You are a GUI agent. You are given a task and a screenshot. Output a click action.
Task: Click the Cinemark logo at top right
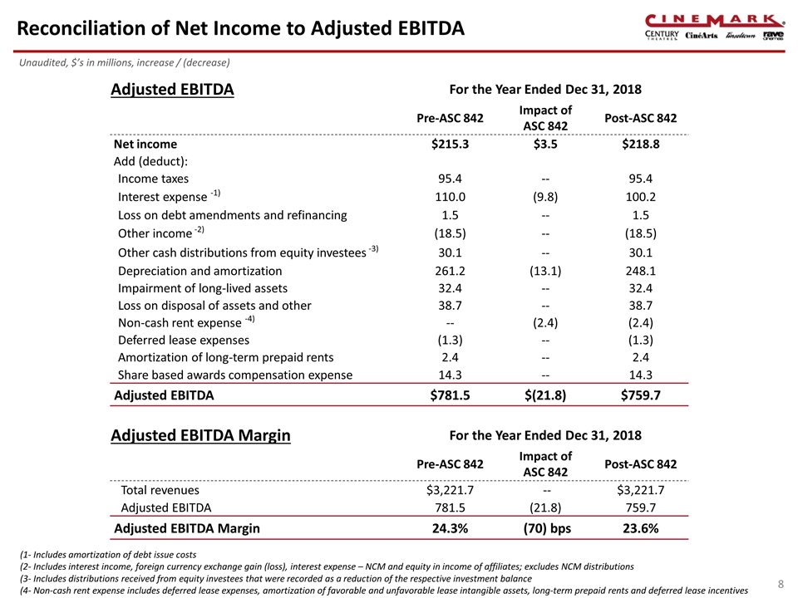[714, 20]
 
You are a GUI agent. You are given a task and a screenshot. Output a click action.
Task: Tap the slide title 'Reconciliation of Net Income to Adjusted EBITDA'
[240, 28]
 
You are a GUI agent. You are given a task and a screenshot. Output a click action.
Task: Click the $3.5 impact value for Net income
[545, 144]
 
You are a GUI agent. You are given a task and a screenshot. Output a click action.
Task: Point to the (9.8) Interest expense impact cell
[545, 197]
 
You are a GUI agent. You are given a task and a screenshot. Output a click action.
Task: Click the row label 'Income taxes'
[153, 179]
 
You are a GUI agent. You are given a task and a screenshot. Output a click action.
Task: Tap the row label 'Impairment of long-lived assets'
[203, 288]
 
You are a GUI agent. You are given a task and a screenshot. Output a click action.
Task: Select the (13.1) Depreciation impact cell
[545, 271]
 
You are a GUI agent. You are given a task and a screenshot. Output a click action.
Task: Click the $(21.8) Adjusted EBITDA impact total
[545, 395]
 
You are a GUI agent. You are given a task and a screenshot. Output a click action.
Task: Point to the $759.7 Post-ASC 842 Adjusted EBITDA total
[641, 395]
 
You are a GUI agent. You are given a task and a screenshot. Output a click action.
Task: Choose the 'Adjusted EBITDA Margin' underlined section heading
[200, 435]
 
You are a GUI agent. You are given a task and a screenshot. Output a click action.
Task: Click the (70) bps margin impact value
[545, 528]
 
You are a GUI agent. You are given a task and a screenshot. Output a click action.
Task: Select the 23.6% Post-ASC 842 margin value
[641, 528]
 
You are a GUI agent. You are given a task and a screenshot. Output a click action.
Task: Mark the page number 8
[780, 585]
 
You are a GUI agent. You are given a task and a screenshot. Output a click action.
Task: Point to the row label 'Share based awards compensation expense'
[235, 375]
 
